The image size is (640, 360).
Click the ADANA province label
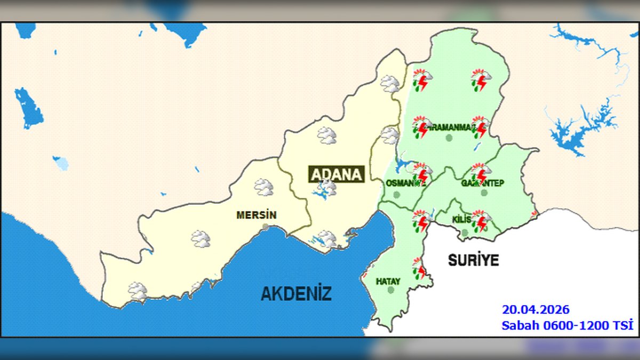[337, 174]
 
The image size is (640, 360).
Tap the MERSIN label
[257, 215]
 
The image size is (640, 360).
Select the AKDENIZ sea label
[296, 293]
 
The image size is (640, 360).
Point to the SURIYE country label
[473, 260]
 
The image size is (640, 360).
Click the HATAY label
[388, 281]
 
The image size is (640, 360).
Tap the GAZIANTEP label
[482, 183]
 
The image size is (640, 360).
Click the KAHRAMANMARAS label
[448, 128]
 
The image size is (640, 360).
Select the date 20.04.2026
[535, 310]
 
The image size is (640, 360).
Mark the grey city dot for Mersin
[266, 227]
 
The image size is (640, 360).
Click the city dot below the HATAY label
[391, 290]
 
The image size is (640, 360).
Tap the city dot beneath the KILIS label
[465, 233]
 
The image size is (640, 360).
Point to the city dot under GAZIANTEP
[484, 193]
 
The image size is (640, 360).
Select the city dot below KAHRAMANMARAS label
[449, 138]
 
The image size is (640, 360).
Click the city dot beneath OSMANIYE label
[396, 195]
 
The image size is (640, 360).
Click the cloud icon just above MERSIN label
[263, 187]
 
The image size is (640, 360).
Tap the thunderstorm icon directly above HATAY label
[420, 268]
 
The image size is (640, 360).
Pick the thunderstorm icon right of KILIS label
[481, 220]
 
